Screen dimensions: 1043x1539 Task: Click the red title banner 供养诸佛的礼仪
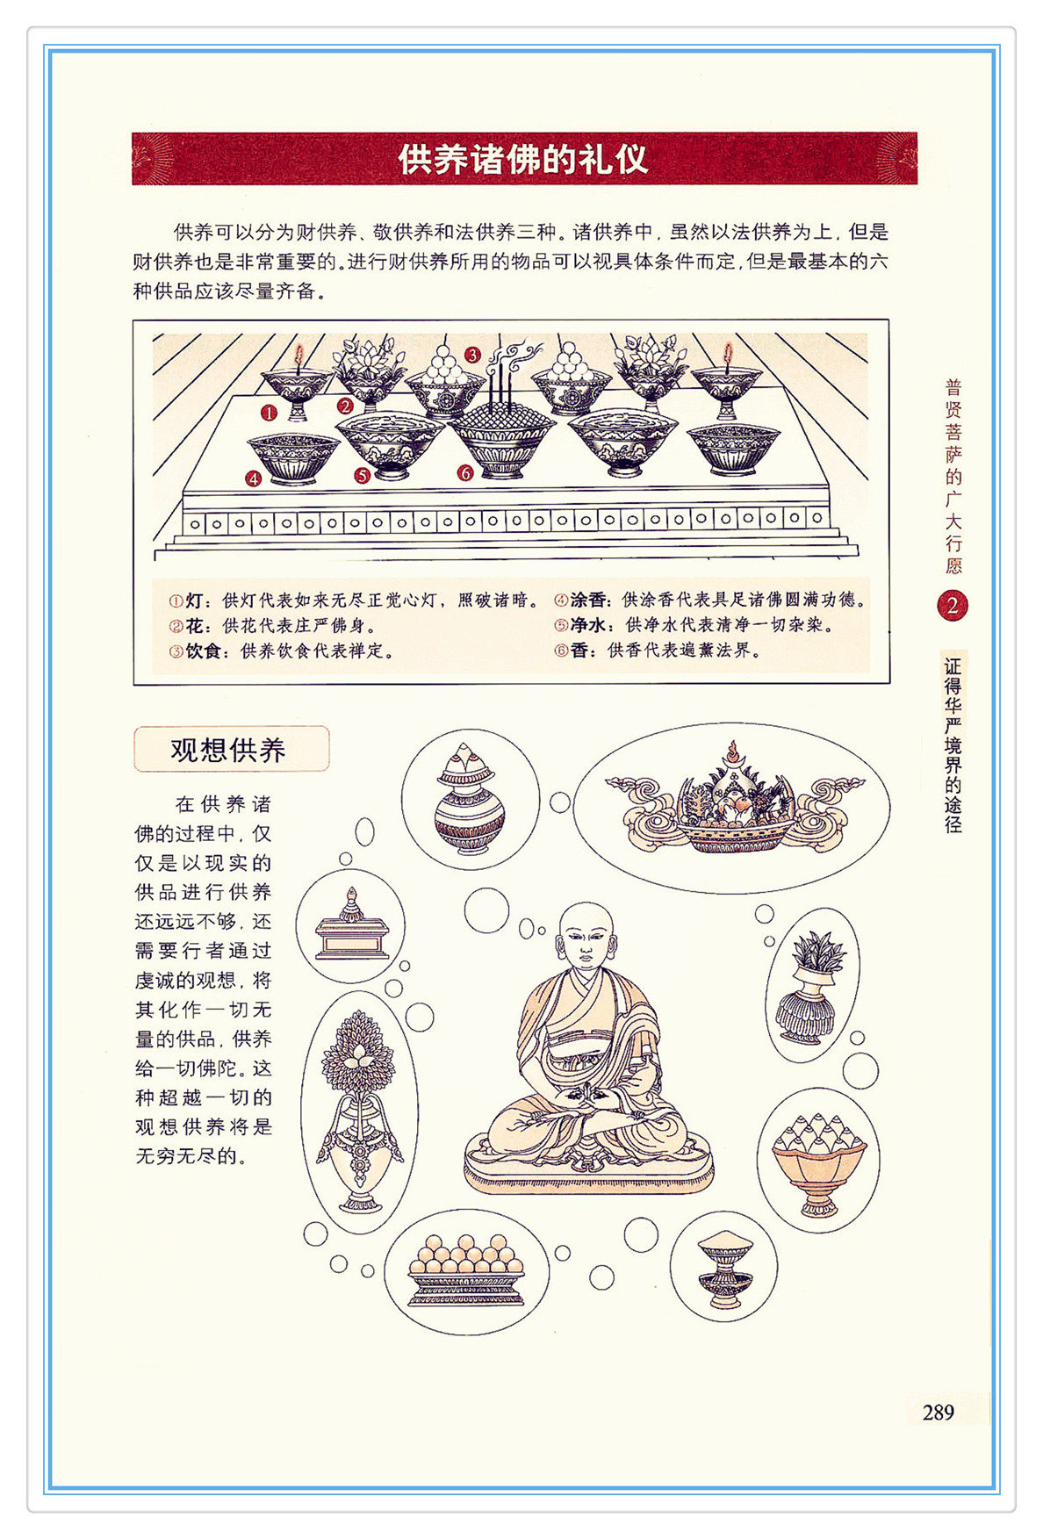coord(524,159)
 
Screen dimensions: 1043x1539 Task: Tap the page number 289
coord(938,1412)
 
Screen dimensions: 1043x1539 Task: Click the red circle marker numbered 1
coord(269,412)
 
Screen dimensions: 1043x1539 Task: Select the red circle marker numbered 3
coord(472,355)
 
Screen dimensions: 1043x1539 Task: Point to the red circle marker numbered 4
coord(254,478)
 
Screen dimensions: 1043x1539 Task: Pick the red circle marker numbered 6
coord(465,473)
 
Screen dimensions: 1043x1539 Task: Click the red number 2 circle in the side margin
coord(952,605)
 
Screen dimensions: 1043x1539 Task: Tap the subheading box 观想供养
coord(231,749)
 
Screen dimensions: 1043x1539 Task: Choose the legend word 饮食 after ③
coord(203,651)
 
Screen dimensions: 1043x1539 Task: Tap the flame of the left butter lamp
coord(299,356)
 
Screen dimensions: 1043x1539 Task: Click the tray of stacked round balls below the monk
coord(466,1269)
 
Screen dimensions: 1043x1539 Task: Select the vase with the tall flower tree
coord(359,1111)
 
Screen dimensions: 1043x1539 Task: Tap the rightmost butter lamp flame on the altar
coord(727,354)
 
